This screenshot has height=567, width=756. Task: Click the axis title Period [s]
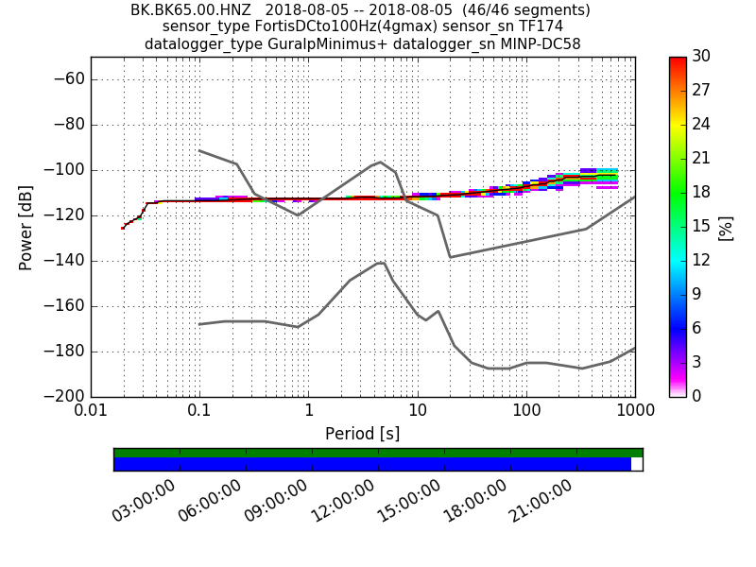(362, 434)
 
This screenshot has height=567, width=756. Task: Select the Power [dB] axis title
(26, 227)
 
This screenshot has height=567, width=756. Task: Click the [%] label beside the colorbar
(726, 227)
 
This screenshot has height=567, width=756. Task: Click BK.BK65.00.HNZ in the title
(193, 10)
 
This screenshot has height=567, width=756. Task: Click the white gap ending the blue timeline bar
(636, 464)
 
